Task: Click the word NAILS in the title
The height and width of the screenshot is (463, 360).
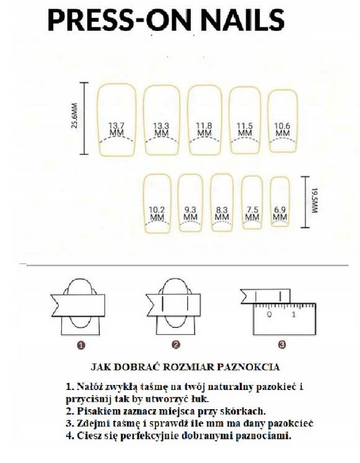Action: tap(242, 20)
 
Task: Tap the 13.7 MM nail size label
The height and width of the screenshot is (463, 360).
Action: tap(116, 129)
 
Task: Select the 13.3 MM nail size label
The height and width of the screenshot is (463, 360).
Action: tap(161, 129)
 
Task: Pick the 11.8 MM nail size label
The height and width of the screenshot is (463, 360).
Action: tap(204, 129)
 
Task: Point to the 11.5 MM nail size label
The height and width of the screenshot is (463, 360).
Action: tap(245, 129)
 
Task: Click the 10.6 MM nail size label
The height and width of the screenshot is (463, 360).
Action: tap(283, 129)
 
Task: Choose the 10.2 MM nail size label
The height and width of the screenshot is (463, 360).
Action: tap(157, 214)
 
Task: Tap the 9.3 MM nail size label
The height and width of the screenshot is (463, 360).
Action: tap(190, 213)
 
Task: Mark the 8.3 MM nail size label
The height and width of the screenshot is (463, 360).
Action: tap(222, 214)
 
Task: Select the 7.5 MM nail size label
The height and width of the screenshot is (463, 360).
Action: tap(252, 213)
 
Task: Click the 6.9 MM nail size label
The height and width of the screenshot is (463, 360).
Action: tap(279, 213)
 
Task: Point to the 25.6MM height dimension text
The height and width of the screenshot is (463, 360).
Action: tap(74, 116)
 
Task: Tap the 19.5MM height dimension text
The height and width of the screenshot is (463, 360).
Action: tap(314, 200)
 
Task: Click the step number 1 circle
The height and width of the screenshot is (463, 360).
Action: tap(81, 345)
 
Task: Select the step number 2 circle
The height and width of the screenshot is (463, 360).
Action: tap(176, 345)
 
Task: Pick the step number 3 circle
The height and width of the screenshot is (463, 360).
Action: tap(282, 344)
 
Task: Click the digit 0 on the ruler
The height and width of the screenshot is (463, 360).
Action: tap(270, 314)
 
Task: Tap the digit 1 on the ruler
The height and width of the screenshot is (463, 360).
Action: tap(294, 314)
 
